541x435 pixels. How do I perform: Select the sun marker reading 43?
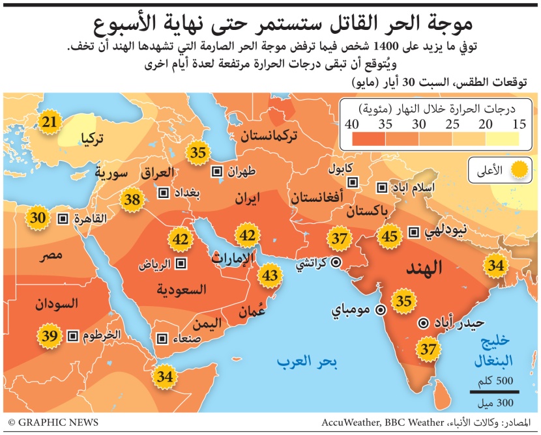coord(270,276)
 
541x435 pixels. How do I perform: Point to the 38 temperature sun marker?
coord(133,200)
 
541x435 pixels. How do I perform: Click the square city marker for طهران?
coord(216,172)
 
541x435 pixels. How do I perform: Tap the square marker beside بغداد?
coord(164,193)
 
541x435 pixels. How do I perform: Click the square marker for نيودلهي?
coord(413,232)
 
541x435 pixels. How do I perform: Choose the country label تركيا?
coord(94,138)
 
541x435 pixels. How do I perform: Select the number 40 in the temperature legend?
coord(353,124)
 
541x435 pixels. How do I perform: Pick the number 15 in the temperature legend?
coord(519,124)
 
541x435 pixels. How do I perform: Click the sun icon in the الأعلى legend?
coord(519,171)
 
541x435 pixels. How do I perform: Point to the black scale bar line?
coord(494,391)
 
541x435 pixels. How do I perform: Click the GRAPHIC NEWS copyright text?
coord(53,423)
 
